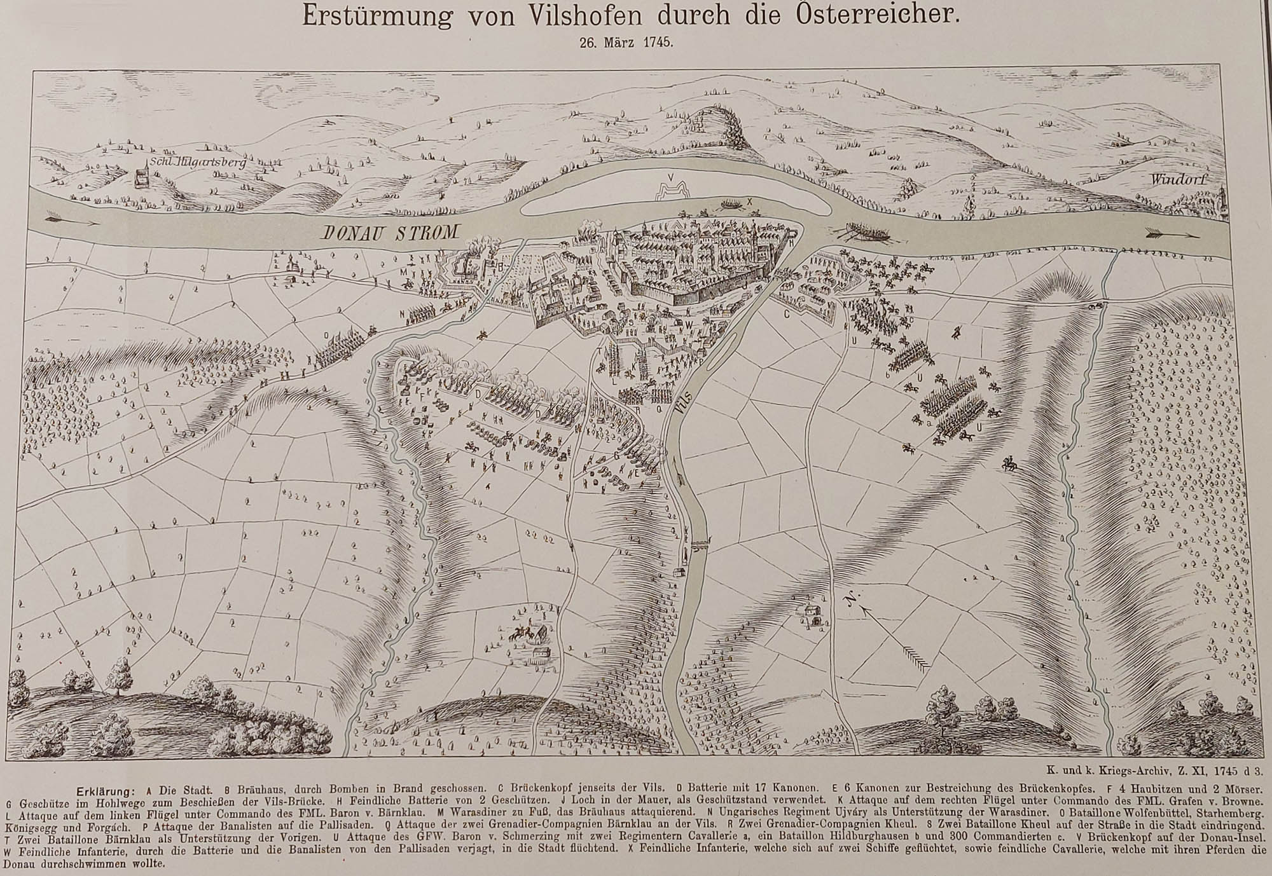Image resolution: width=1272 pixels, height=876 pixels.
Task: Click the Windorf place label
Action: pyautogui.click(x=1170, y=180)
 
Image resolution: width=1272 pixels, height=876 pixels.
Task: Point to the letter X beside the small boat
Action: pyautogui.click(x=749, y=202)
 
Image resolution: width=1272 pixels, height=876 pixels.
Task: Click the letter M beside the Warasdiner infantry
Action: pyautogui.click(x=403, y=271)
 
